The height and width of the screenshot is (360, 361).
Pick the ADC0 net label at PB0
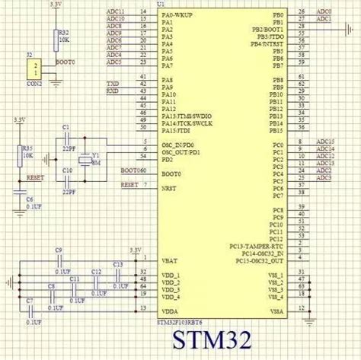324,13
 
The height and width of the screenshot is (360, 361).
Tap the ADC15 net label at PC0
326,142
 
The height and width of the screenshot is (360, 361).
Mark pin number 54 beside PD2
142,155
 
